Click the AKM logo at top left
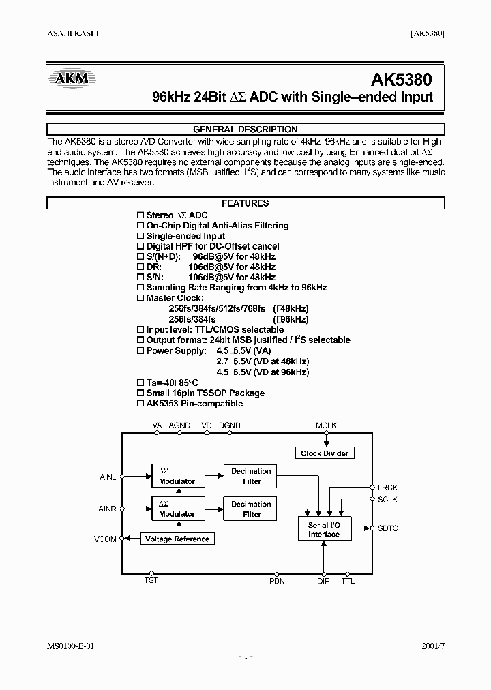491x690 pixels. coord(72,79)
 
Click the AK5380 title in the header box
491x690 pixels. coord(402,79)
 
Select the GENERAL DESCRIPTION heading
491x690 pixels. coord(245,130)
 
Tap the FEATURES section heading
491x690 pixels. coord(245,203)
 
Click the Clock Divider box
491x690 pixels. coord(325,453)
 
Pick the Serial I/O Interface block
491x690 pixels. coord(324,530)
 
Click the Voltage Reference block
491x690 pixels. coord(177,539)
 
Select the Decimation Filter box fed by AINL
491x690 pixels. coord(252,476)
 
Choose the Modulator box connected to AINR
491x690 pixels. coord(177,509)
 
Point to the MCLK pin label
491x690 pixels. coord(326,425)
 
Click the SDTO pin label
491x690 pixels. coord(388,528)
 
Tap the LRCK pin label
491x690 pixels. coord(387,487)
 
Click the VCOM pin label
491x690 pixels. coord(106,539)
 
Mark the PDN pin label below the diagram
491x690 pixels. coord(277,581)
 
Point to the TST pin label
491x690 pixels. coord(151,581)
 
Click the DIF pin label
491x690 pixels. coord(323,581)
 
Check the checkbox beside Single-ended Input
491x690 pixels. coord(140,236)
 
